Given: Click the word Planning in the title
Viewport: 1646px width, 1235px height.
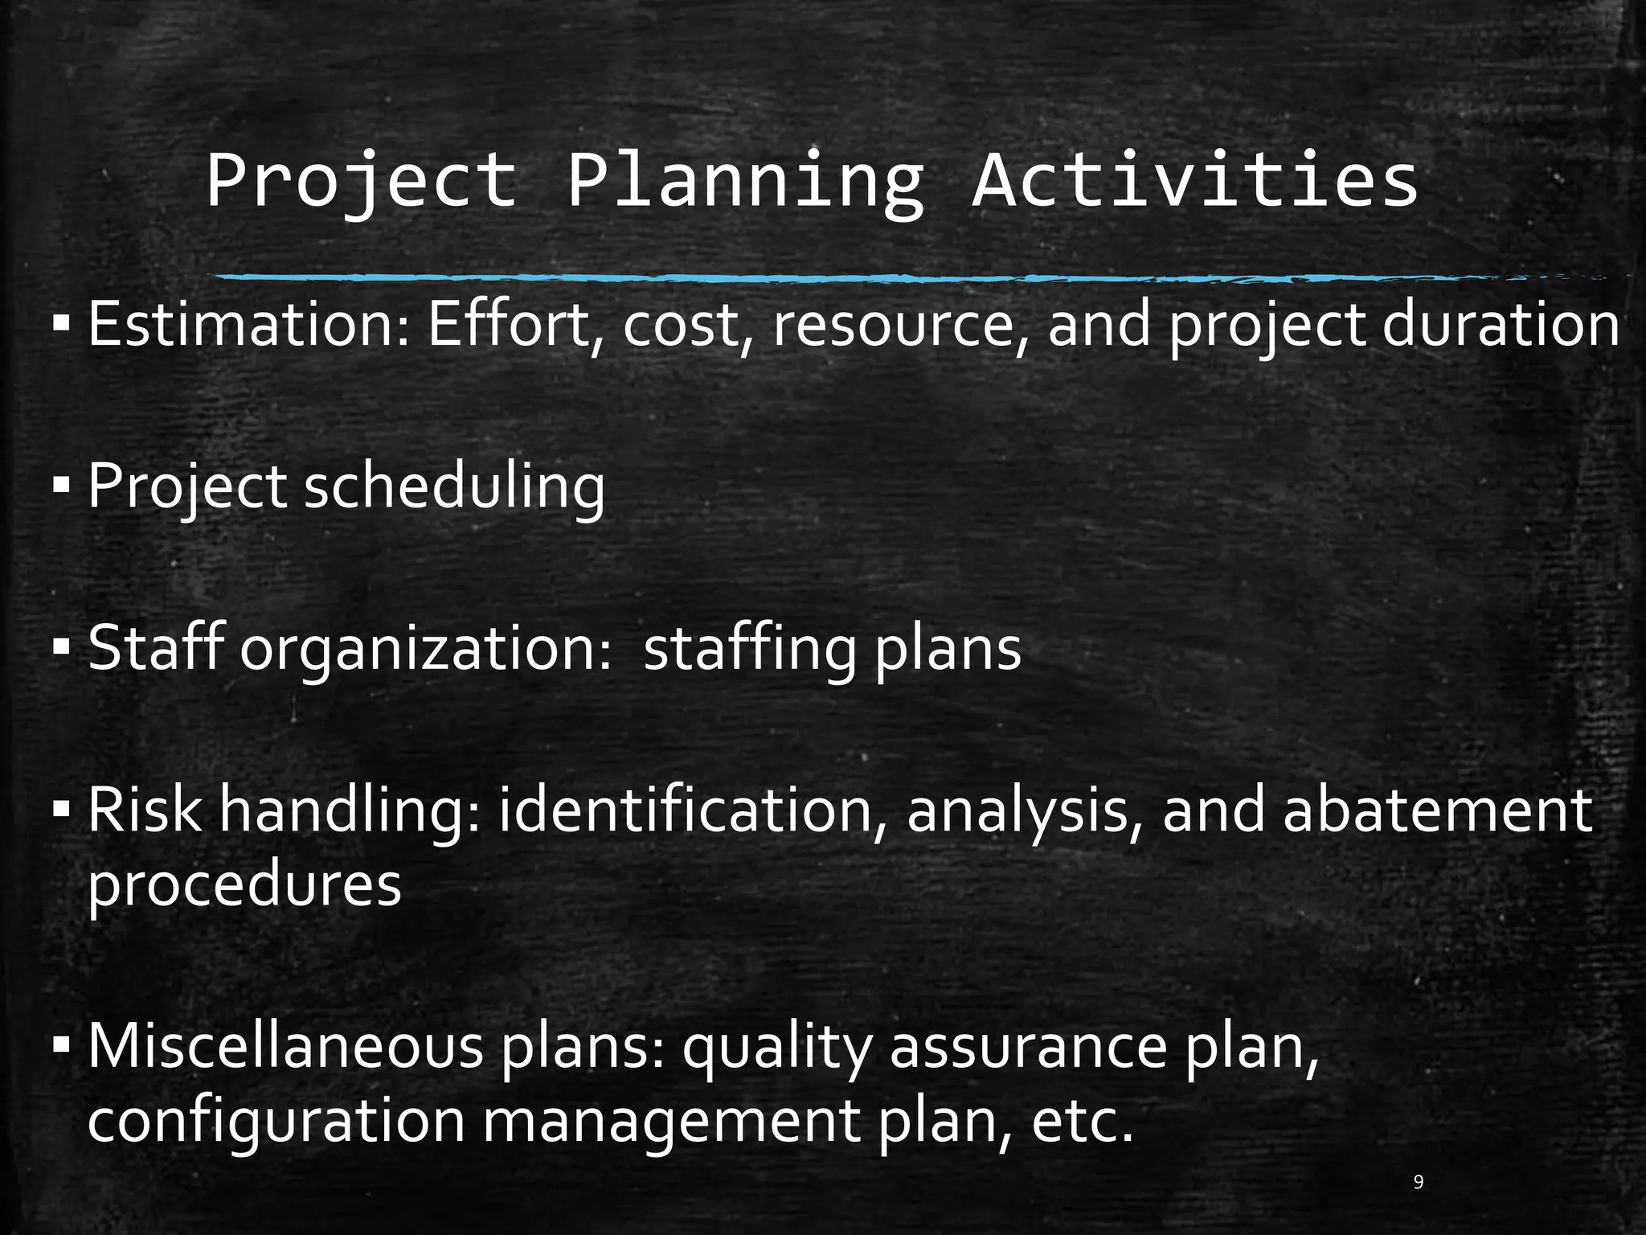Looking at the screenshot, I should (x=745, y=183).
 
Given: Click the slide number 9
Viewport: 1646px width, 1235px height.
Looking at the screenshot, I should (x=1419, y=1182).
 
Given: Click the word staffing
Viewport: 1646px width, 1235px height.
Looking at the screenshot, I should (x=749, y=650).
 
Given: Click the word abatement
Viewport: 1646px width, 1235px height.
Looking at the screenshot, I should (x=1437, y=810).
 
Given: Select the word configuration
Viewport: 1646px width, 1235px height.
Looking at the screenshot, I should (x=276, y=1121).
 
